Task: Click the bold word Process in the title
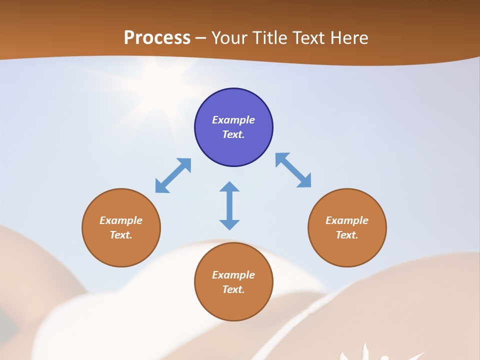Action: coord(157,38)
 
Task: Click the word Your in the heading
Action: coord(229,38)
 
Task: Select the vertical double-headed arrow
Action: coord(229,205)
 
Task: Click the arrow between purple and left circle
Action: coord(173,175)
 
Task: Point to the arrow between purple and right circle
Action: coord(293,170)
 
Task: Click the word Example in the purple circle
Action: coord(233,120)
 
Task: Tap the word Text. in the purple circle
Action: coord(233,134)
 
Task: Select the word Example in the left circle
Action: coord(121,220)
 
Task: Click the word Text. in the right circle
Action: coord(347,235)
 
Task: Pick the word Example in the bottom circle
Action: coord(233,275)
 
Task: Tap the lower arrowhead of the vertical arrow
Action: coord(229,224)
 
